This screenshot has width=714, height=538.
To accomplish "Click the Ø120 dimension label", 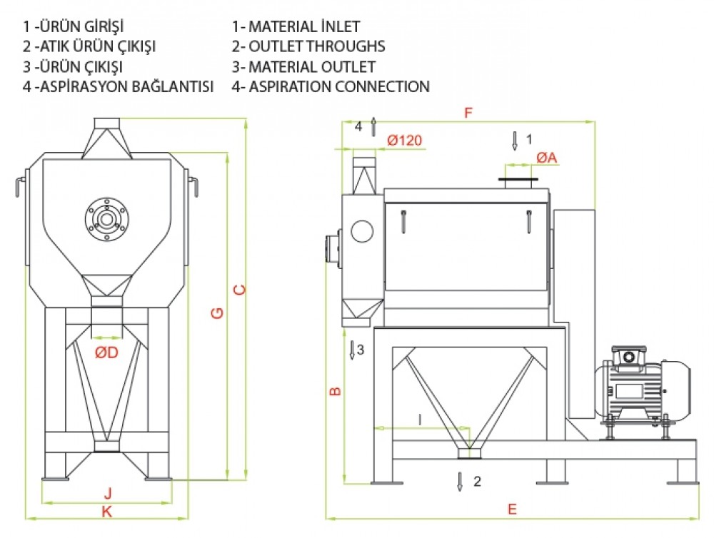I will (x=405, y=141).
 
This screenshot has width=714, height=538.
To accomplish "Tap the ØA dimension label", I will (x=546, y=157).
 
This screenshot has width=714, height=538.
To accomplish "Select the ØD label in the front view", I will (x=107, y=352).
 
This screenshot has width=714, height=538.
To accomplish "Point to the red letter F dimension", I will (x=468, y=113).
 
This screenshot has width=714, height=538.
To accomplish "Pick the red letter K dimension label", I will (x=107, y=511).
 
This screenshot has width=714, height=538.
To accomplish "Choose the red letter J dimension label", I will (x=108, y=492).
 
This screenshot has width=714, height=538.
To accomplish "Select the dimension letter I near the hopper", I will (x=421, y=420).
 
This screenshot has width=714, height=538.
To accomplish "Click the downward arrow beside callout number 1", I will (x=515, y=140).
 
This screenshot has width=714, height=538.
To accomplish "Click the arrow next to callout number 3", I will (x=352, y=350).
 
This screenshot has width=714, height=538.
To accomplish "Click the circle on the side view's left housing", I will (x=361, y=231).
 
